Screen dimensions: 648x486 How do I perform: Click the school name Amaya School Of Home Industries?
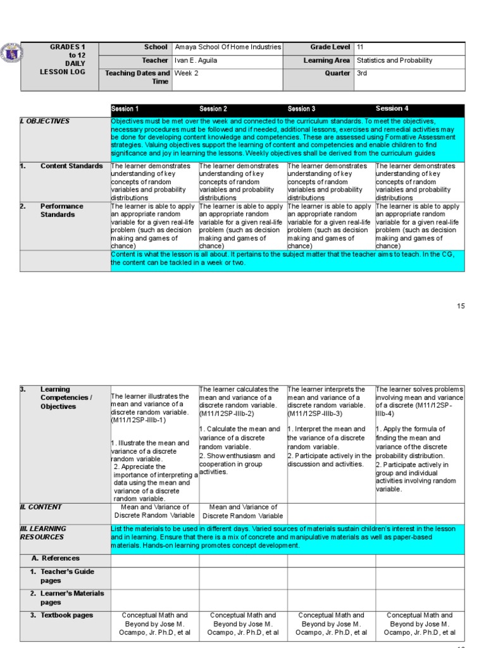pos(228,47)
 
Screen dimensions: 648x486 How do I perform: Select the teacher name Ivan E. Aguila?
pos(197,61)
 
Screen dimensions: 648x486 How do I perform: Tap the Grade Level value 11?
pos(360,47)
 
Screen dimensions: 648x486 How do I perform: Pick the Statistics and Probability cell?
pos(395,61)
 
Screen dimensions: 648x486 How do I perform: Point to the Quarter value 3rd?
pos(362,73)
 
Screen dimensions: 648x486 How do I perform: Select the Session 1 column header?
pos(125,109)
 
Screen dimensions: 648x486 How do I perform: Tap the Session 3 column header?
pos(301,109)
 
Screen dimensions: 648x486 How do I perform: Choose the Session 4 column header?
pos(392,109)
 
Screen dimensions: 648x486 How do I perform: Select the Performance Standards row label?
pos(61,210)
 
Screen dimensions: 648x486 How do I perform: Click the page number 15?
pos(461,306)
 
